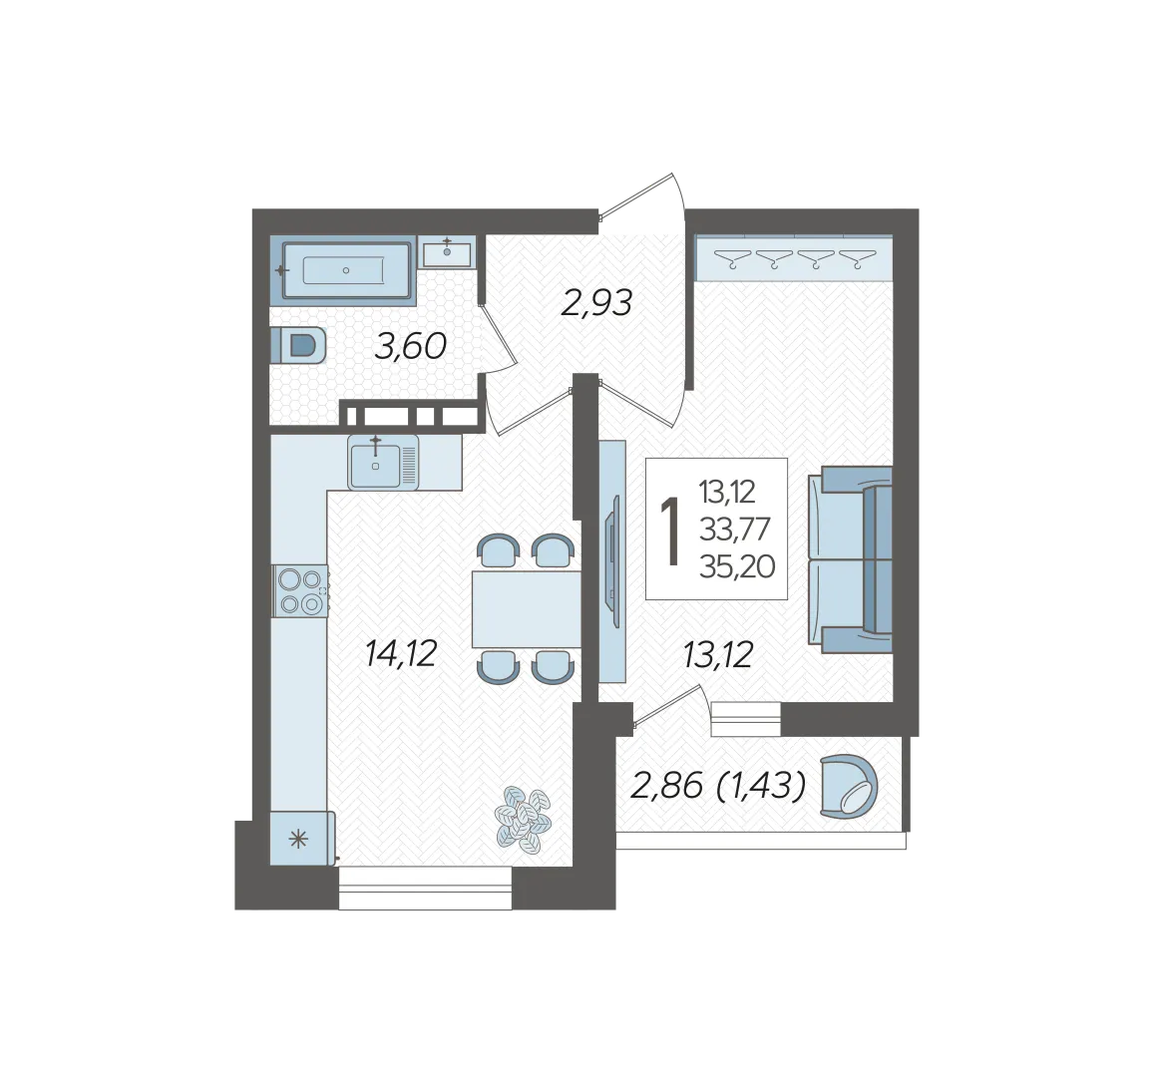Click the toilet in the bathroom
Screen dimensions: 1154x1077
[299, 345]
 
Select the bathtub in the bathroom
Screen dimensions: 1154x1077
[344, 270]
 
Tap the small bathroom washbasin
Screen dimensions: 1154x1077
[447, 253]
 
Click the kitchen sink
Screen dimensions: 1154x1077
[383, 463]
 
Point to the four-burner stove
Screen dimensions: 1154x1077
[300, 590]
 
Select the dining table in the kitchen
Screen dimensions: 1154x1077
[527, 609]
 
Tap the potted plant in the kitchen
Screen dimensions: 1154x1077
[524, 820]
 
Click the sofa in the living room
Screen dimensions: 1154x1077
[850, 559]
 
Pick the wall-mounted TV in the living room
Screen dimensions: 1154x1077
[611, 561]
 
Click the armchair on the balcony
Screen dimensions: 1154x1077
[849, 787]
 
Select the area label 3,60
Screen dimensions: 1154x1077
[411, 346]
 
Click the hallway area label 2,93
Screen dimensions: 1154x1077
[596, 303]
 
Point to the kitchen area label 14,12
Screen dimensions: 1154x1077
[401, 653]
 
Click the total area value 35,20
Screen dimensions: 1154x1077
[737, 566]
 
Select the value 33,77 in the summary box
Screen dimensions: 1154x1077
[735, 529]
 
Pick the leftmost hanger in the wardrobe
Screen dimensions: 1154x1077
[733, 259]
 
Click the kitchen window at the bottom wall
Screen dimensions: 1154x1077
[425, 888]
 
